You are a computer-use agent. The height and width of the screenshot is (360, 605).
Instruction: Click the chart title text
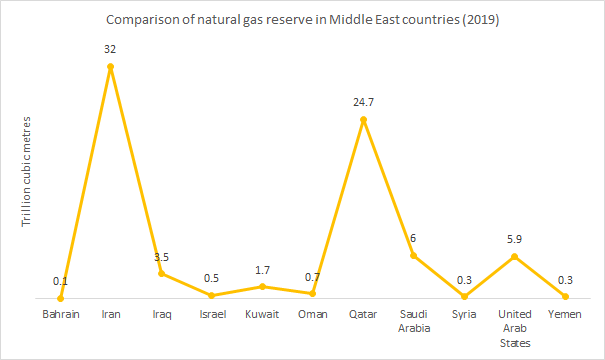(x=302, y=18)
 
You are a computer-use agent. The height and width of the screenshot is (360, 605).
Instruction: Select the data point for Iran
(x=111, y=67)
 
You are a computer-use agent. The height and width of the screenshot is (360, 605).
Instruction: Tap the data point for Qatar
(x=363, y=120)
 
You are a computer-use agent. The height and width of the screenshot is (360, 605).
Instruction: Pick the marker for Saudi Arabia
(x=414, y=255)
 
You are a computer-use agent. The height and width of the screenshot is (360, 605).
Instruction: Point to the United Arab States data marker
(x=515, y=256)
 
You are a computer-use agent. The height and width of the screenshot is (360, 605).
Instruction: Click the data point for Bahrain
(x=61, y=297)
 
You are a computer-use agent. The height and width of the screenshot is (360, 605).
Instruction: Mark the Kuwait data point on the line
(x=262, y=286)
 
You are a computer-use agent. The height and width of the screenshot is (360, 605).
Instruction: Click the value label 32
(x=111, y=49)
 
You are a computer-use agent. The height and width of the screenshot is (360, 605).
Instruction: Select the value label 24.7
(x=363, y=102)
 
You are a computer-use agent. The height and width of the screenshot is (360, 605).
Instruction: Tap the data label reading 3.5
(x=162, y=257)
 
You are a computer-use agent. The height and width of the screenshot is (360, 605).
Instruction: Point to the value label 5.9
(x=515, y=238)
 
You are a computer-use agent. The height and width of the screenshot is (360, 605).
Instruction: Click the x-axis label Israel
(x=212, y=315)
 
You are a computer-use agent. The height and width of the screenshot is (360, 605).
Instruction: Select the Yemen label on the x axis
(x=565, y=315)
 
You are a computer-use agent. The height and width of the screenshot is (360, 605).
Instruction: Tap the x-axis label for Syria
(x=464, y=315)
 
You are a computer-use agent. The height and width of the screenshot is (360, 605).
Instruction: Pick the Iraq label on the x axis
(x=162, y=315)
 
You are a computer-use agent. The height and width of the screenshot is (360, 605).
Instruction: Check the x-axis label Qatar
(x=363, y=315)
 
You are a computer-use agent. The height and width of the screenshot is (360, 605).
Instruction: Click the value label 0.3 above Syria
(x=464, y=279)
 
